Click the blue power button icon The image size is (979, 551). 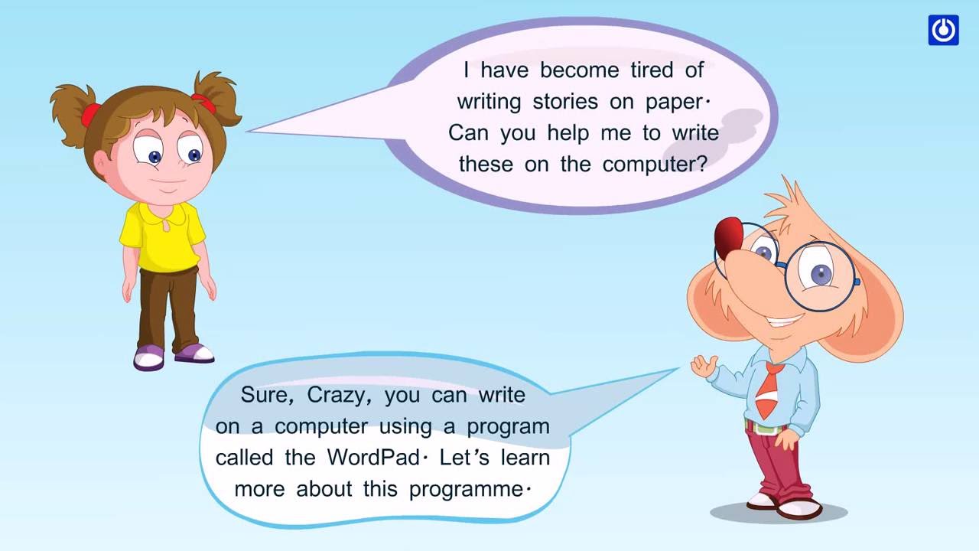[x=943, y=30]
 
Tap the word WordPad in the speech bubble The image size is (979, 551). [x=373, y=458]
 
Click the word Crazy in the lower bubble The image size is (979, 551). [x=337, y=396]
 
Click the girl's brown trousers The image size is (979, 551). [x=168, y=306]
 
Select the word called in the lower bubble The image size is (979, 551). [x=244, y=458]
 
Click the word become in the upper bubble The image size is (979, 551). [x=579, y=70]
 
